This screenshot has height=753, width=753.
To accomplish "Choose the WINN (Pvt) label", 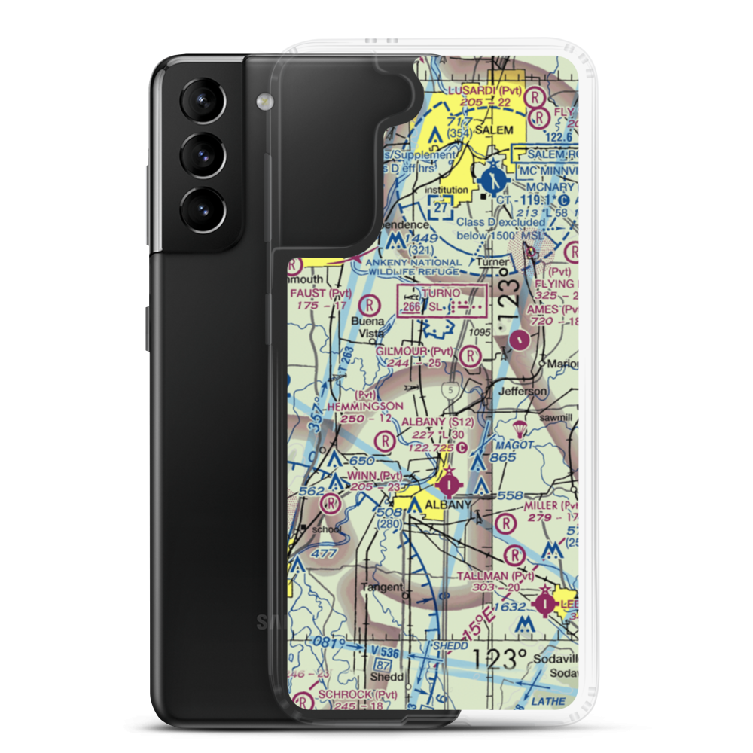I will point(373,476).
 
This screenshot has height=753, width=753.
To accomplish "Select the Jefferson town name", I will point(526,392).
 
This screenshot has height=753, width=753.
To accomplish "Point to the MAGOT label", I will point(514,446).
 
